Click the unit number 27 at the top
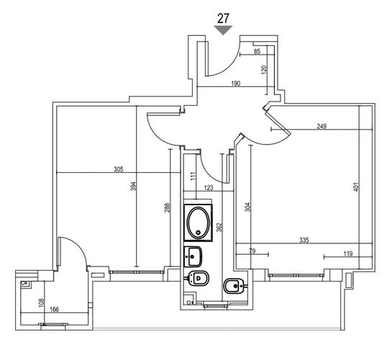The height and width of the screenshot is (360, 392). pos(223,18)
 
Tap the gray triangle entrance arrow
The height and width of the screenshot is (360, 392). pos(223,30)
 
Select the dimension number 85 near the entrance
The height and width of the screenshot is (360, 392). pos(257,52)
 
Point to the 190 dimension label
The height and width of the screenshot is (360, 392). pos(235,84)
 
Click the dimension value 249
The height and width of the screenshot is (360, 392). pos(322,126)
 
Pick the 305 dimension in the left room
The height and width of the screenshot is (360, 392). pos(119,169)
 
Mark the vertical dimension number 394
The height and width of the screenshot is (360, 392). pos(134,186)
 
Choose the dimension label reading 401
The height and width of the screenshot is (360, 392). pos(356,187)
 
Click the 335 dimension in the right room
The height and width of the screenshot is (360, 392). pos(304,240)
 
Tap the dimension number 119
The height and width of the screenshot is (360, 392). pos(347,254)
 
